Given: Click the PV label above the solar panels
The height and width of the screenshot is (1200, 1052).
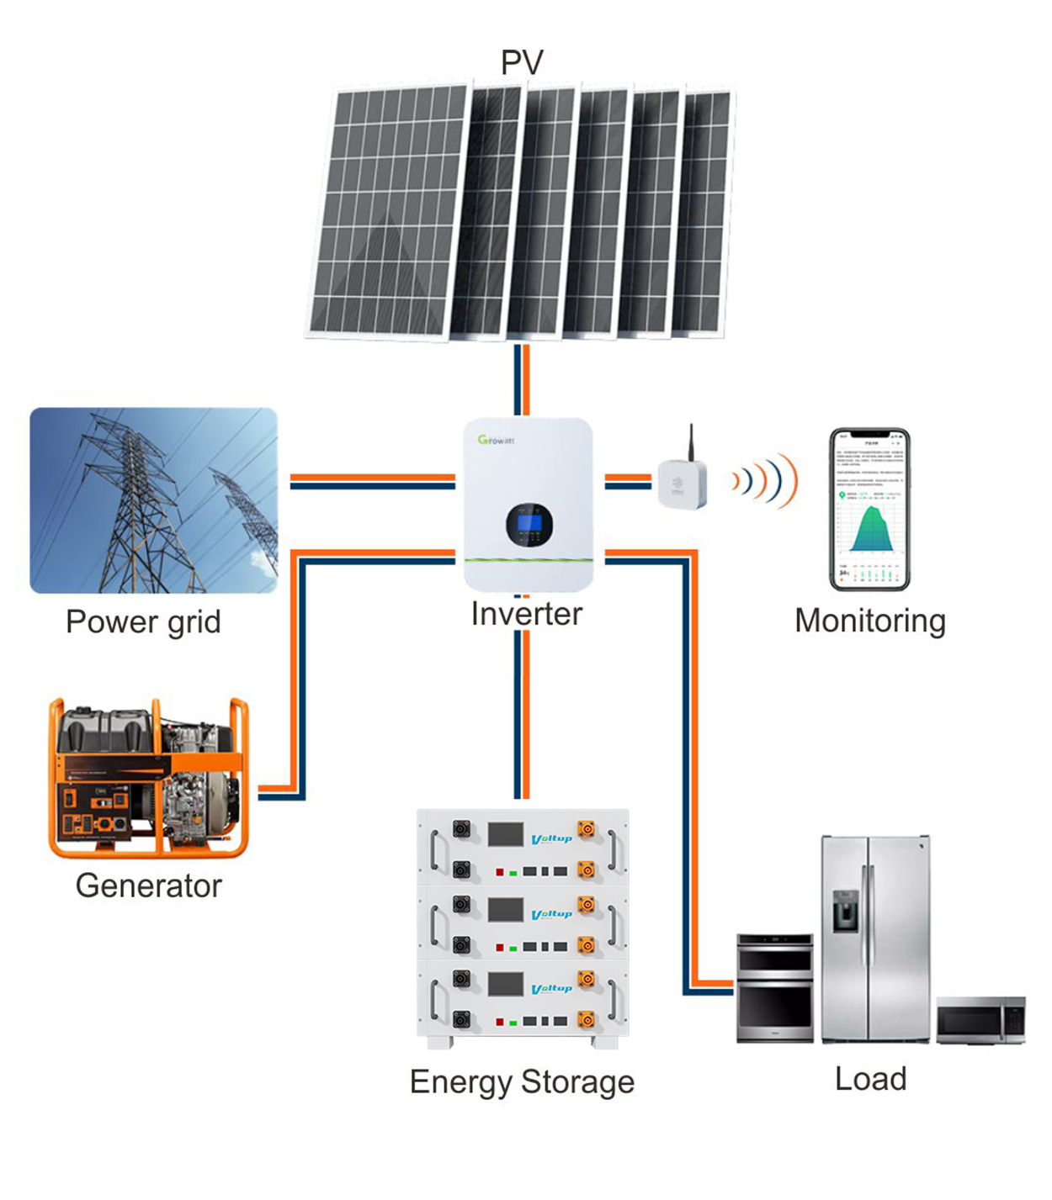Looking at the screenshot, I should pos(522,62).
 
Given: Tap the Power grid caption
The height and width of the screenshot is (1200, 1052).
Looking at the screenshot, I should pos(143,622).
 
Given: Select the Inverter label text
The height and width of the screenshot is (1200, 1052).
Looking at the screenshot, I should pos(526,614).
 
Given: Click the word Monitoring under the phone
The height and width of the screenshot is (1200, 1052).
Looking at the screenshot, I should pos(870,621).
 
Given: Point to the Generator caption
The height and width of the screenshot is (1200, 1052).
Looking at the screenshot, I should pos(148,885).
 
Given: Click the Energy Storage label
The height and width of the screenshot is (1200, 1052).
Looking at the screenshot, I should pos(522,1081).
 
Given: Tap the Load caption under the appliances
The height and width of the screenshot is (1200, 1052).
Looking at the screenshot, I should pos(870,1079).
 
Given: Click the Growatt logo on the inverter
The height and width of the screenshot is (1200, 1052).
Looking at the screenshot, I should pos(496,440).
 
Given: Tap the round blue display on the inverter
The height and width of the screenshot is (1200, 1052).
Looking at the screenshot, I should pos(529,524).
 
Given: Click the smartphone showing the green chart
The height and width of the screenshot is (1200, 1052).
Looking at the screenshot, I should pos(869,508).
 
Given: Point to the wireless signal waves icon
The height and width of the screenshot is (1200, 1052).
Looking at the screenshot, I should pos(764,481).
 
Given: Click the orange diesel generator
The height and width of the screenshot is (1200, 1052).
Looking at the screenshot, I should pos(148,778).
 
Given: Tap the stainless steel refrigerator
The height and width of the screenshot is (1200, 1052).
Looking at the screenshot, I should pos(875,938).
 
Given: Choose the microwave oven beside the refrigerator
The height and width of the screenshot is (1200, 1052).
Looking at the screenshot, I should pos(980,1020).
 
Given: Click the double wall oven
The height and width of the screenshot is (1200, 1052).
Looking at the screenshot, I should pos(775,988).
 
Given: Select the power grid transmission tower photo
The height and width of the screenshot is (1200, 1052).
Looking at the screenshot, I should pos(153,500).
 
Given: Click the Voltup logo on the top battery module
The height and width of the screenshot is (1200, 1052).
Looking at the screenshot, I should pos(552,838).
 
